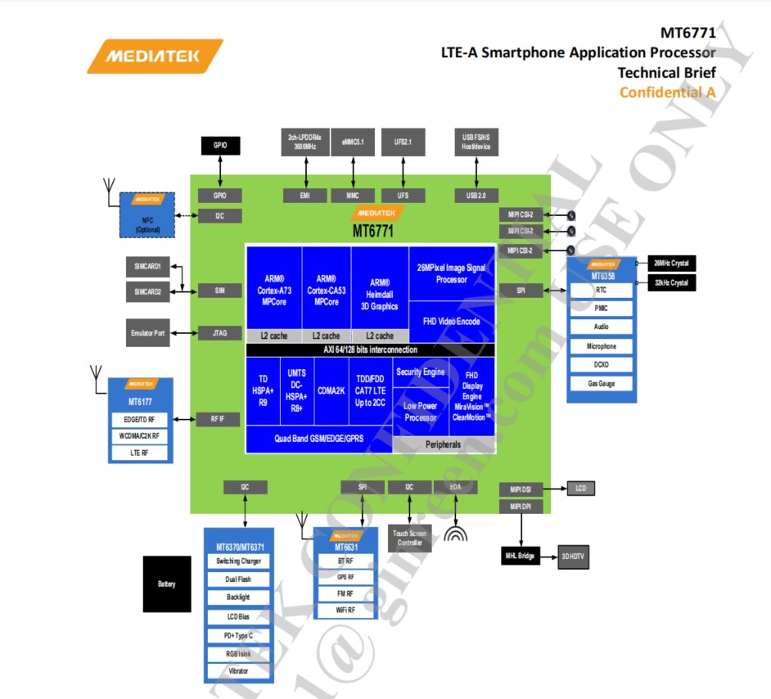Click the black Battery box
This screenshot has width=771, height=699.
[166, 584]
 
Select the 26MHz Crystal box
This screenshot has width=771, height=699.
[671, 263]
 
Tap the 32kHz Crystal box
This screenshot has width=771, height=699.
[671, 282]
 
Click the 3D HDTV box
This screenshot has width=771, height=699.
[573, 557]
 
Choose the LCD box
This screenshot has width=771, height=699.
[580, 489]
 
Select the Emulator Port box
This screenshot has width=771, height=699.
[148, 332]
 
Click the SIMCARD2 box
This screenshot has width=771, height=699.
[148, 291]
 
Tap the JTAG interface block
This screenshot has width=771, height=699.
[219, 333]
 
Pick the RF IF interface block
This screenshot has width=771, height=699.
[219, 419]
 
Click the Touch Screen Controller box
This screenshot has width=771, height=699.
[409, 538]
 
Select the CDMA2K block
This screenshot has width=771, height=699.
[330, 390]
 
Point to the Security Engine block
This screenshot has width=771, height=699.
[420, 372]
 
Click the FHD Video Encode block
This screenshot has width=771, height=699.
[451, 322]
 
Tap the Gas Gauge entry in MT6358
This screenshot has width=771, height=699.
[601, 384]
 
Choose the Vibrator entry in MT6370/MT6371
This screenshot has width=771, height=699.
[238, 671]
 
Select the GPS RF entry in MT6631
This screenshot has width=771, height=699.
[346, 577]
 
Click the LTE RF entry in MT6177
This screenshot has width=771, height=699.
[140, 453]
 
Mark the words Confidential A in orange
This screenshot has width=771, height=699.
[667, 92]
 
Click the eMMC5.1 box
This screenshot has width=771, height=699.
[353, 142]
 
